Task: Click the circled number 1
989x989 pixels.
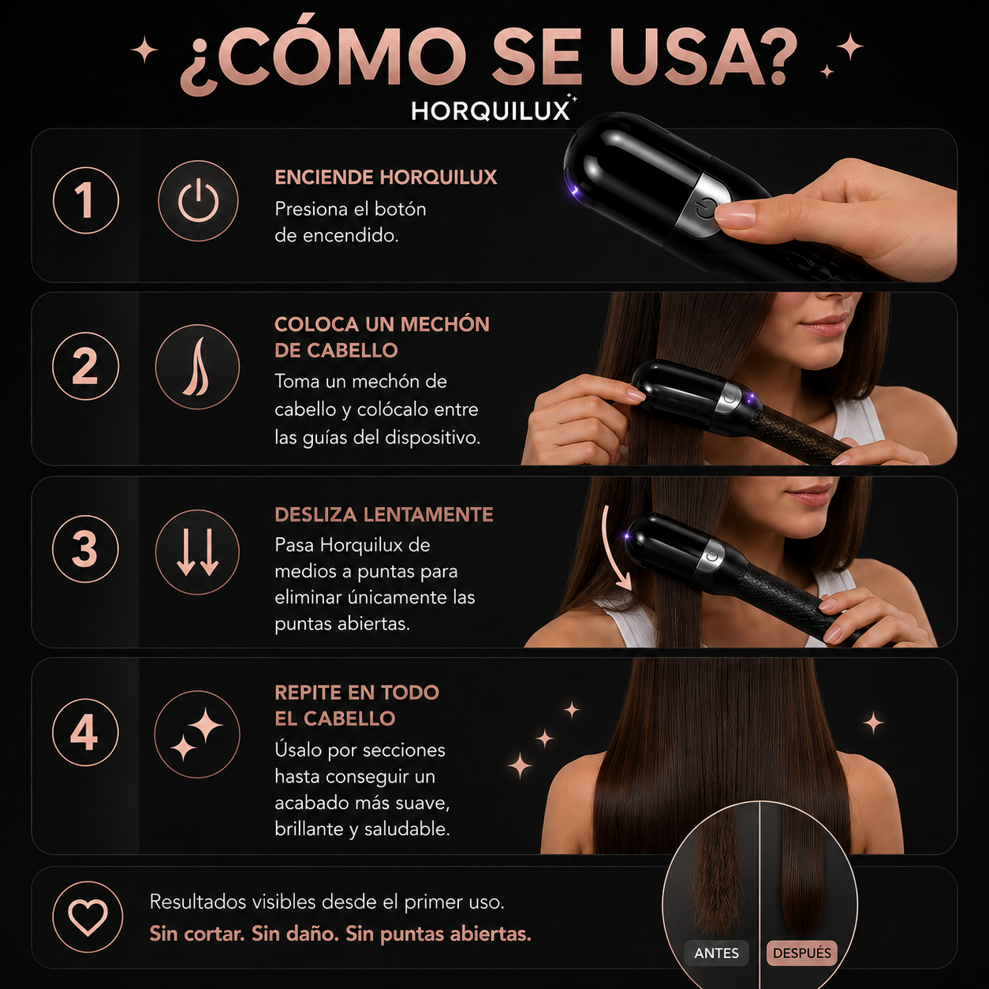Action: (x=86, y=200)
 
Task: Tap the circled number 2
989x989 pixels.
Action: (x=86, y=367)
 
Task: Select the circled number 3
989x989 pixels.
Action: (x=86, y=549)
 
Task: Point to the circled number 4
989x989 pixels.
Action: (x=85, y=733)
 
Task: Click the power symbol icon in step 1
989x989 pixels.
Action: (x=198, y=200)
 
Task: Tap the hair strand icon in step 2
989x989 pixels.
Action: (x=198, y=367)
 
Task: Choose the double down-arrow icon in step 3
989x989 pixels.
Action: (x=198, y=552)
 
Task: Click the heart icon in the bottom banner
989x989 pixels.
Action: (x=88, y=916)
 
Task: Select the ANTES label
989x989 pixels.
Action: (x=716, y=953)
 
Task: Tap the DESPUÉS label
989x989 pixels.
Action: (x=801, y=953)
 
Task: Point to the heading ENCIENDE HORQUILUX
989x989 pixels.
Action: (x=386, y=177)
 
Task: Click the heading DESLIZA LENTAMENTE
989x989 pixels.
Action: (x=384, y=514)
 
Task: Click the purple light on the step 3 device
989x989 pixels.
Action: (x=627, y=537)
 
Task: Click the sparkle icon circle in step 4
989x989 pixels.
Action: (x=197, y=734)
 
